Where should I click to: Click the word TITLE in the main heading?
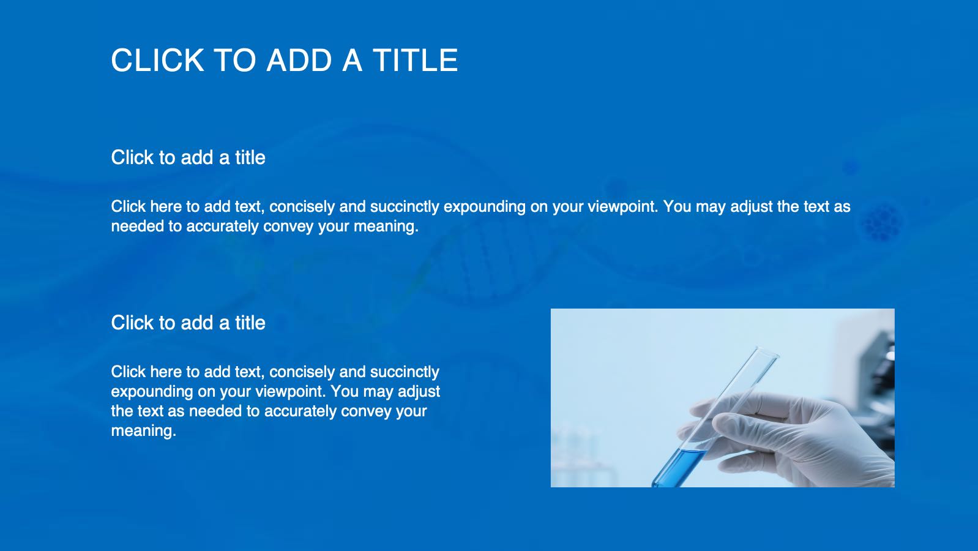(415, 60)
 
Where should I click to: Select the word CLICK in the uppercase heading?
(158, 60)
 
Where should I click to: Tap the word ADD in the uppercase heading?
(299, 60)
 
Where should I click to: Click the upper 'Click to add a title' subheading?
(188, 157)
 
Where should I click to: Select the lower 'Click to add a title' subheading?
(188, 323)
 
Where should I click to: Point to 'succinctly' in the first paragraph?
(405, 206)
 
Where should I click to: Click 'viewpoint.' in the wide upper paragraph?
(623, 206)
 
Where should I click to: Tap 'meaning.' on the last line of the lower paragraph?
(144, 431)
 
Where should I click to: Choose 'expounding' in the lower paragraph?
(152, 392)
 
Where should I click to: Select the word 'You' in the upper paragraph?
(677, 206)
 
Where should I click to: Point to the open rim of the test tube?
(768, 352)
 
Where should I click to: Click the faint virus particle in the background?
(883, 223)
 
